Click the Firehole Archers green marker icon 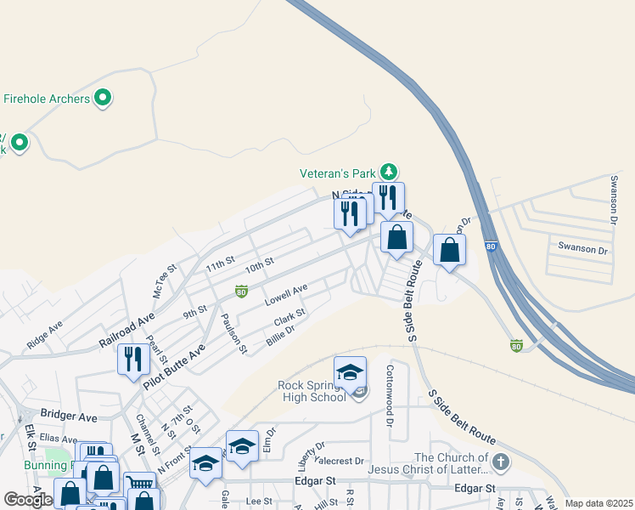pos(104,99)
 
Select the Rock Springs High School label pos(312,391)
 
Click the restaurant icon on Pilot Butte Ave pos(133,359)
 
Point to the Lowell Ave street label pos(285,296)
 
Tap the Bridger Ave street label pos(69,417)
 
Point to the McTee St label pos(164,280)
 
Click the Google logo pos(28,500)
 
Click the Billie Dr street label pos(280,335)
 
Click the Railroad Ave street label pos(126,330)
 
